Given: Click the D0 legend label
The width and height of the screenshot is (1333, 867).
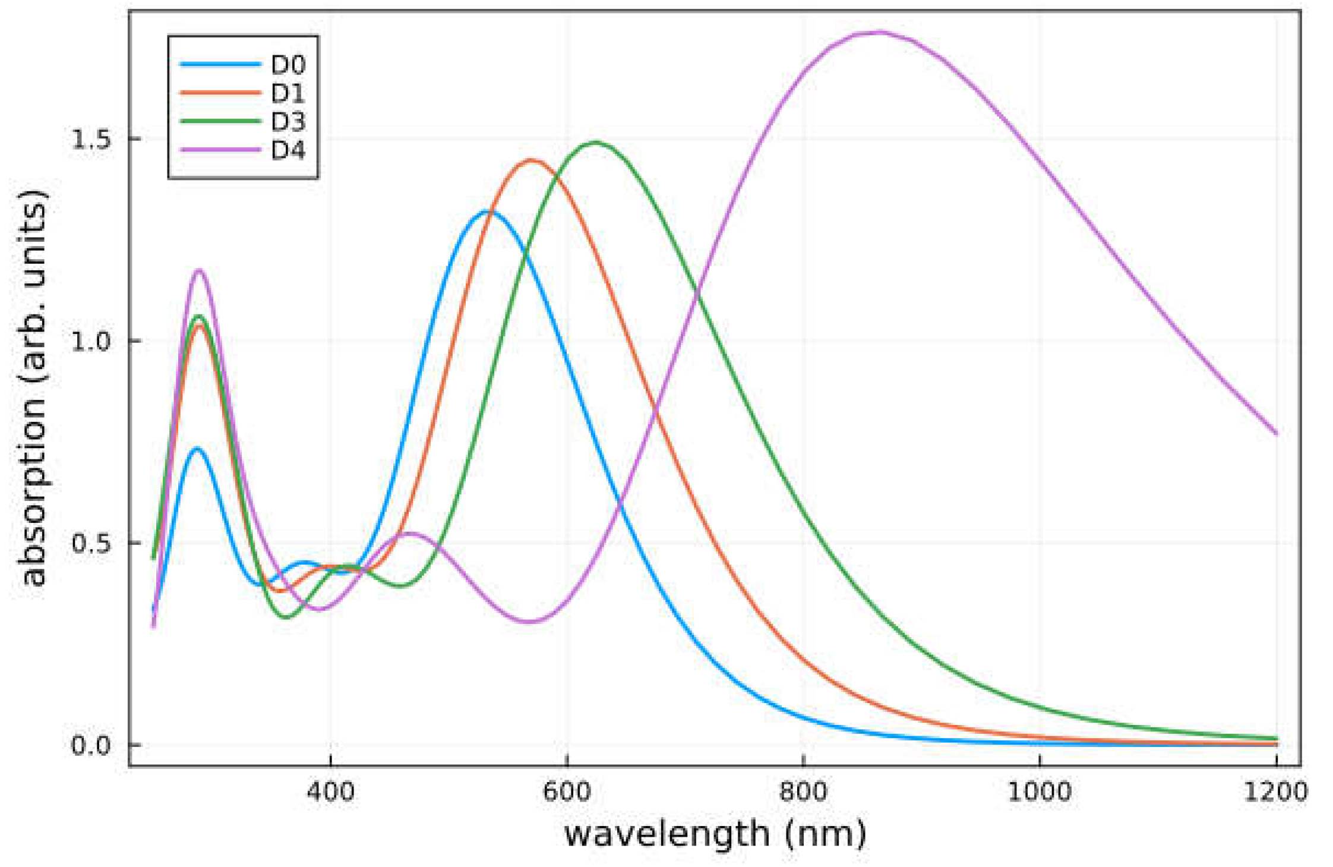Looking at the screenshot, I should tap(288, 65).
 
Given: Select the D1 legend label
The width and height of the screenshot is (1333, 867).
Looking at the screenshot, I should tap(288, 93).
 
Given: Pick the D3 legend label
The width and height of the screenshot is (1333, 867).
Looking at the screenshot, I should tap(288, 122).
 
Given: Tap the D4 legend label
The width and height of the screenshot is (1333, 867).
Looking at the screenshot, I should tap(288, 150).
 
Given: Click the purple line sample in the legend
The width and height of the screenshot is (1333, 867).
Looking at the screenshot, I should tap(220, 150).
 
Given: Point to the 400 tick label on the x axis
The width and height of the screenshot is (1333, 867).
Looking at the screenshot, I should tap(330, 792).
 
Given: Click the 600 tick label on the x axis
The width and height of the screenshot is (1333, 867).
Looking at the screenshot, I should tap(567, 792).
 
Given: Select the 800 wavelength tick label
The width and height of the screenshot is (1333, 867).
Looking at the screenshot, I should tap(803, 792).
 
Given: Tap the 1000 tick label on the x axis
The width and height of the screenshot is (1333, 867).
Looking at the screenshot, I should tap(1039, 792).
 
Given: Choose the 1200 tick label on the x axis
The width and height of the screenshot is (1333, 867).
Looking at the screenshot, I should tap(1275, 792).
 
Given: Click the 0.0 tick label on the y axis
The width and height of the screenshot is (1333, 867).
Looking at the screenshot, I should tap(91, 745).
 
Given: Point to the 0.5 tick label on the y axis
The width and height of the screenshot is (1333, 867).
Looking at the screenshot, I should tap(91, 543).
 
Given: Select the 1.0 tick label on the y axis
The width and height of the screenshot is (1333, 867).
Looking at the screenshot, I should tap(91, 341).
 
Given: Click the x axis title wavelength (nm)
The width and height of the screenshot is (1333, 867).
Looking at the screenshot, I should tap(715, 834).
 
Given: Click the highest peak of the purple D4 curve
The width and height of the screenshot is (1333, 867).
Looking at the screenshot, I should tap(878, 32).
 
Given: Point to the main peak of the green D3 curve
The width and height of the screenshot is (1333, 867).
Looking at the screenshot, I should tap(596, 143).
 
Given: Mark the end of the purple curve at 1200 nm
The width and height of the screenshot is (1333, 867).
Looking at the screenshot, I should tap(1275, 433).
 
